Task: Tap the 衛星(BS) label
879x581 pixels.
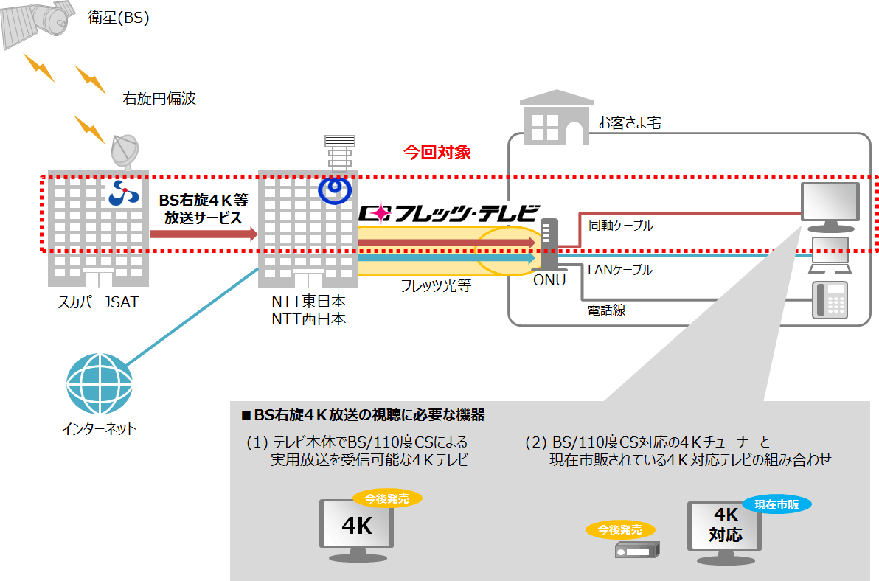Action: (118, 18)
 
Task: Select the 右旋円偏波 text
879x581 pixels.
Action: (159, 99)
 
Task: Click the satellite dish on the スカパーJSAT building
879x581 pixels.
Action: (125, 151)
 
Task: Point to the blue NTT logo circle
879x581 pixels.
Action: (335, 190)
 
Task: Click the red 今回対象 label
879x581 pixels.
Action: (437, 152)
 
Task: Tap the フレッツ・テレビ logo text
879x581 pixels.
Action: (449, 213)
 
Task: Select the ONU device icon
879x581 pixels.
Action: (549, 244)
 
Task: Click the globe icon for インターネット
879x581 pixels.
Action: (100, 384)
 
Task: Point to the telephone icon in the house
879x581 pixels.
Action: (830, 300)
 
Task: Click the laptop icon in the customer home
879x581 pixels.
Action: (830, 256)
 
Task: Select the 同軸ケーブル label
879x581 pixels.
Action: (621, 225)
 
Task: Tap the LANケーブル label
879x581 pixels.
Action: (620, 270)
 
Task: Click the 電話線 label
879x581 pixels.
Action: (606, 310)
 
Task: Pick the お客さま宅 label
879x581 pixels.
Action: (630, 122)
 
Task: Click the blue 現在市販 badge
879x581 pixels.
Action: (776, 504)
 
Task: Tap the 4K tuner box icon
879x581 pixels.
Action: (637, 549)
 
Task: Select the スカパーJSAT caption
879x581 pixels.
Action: (98, 302)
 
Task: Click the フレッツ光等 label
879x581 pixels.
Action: (436, 286)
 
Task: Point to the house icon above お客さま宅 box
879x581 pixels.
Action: (557, 118)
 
